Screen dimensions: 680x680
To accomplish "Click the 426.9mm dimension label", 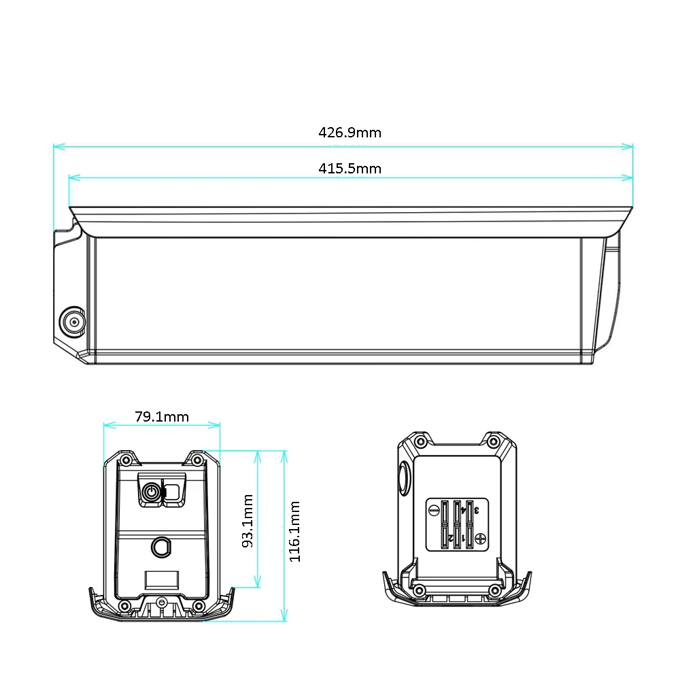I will pos(350,133).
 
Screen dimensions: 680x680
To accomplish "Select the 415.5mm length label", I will pos(350,169).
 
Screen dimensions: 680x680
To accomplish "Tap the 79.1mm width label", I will pos(162,417).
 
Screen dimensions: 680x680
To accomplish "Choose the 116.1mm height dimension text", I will pos(294,532).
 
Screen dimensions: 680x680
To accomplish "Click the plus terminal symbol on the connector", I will pos(481,539).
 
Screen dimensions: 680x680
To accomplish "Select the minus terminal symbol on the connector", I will pos(433,509).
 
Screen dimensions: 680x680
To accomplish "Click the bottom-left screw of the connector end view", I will pos(420,590).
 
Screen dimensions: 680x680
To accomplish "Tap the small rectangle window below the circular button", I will pos(163,580).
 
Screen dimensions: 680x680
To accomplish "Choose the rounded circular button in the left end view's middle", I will pos(161,546).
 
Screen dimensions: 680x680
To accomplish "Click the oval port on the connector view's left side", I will pos(404,479).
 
